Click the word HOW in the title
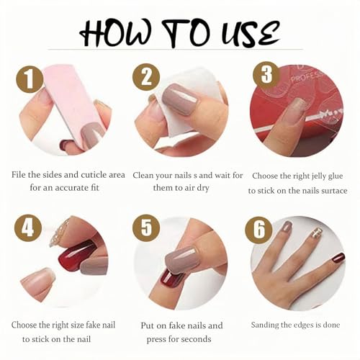pos(116,31)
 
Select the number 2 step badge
pos(146,77)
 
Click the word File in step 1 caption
pos(21,174)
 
